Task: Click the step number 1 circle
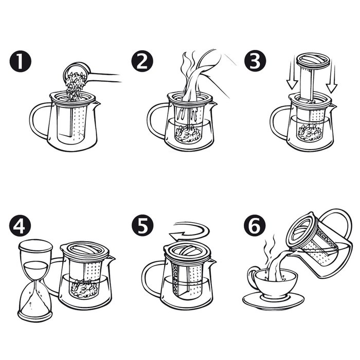pyautogui.click(x=21, y=61)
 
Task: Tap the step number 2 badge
pyautogui.click(x=142, y=61)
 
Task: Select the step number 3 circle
pyautogui.click(x=255, y=61)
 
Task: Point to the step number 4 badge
pyautogui.click(x=20, y=226)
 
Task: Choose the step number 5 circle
pyautogui.click(x=142, y=225)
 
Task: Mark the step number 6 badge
pyautogui.click(x=255, y=225)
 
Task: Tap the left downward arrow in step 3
pyautogui.click(x=292, y=75)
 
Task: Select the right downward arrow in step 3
pyautogui.click(x=332, y=78)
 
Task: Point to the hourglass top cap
pyautogui.click(x=35, y=246)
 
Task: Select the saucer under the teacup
pyautogui.click(x=273, y=301)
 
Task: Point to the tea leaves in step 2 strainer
pyautogui.click(x=188, y=134)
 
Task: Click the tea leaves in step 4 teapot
pyautogui.click(x=84, y=288)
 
